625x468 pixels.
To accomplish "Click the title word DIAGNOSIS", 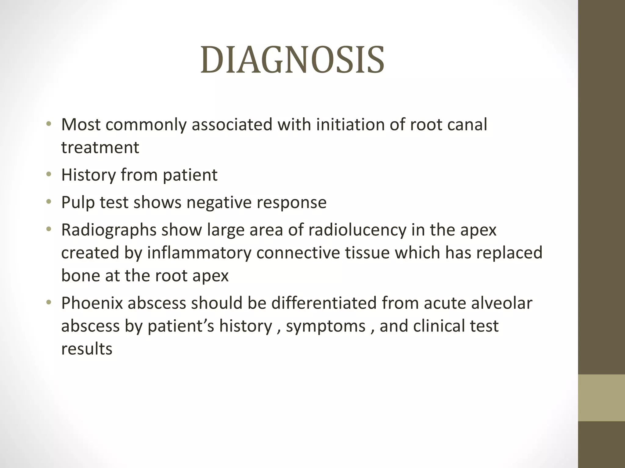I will [x=292, y=60].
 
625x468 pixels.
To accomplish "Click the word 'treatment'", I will [x=100, y=148].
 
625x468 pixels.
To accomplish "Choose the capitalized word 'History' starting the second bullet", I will [x=88, y=175].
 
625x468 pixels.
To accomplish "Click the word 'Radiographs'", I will [x=109, y=230].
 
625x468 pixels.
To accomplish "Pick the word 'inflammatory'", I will [x=199, y=253].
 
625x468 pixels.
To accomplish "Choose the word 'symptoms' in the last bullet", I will [x=326, y=326].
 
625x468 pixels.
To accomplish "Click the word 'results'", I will [x=87, y=349].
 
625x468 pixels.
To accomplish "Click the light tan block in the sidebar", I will [x=601, y=398].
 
